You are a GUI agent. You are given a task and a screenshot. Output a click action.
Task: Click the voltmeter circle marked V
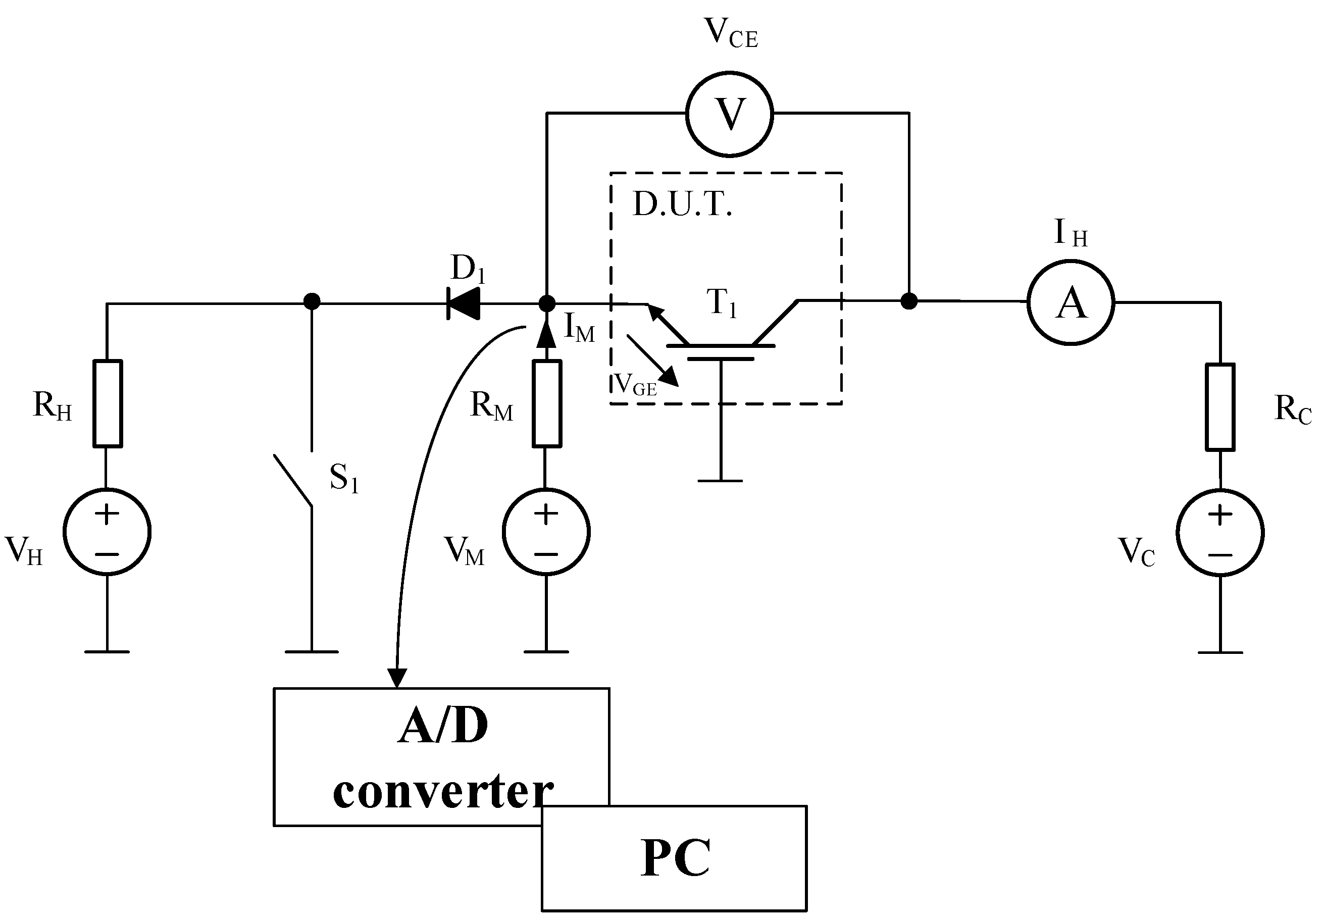[730, 114]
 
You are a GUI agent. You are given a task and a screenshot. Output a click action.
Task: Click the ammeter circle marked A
[1071, 302]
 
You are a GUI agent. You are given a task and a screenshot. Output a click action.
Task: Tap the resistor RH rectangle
[108, 403]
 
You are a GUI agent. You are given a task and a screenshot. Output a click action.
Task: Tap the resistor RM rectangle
[547, 403]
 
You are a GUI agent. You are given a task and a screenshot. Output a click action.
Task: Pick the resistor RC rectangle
[1220, 407]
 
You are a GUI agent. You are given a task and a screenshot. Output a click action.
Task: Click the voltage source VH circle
[107, 531]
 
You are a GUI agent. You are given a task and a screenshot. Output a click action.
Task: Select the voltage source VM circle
[546, 531]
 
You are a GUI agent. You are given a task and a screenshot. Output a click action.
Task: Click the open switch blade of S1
[293, 481]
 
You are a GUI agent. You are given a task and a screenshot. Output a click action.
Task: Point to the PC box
[674, 858]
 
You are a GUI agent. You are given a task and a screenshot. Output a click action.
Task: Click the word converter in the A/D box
[442, 792]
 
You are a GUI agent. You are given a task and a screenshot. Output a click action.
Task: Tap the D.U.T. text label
[682, 204]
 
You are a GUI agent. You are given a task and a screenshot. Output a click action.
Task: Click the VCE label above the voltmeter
[731, 33]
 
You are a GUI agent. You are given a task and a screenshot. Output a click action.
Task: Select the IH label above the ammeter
[1071, 233]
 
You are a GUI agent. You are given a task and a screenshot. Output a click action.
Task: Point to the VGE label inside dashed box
[636, 384]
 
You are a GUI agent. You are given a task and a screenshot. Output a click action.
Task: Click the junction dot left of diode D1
[312, 301]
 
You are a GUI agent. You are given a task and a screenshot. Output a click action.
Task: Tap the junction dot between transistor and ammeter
[909, 301]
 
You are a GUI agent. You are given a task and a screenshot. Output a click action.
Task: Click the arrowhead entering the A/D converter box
[397, 678]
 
